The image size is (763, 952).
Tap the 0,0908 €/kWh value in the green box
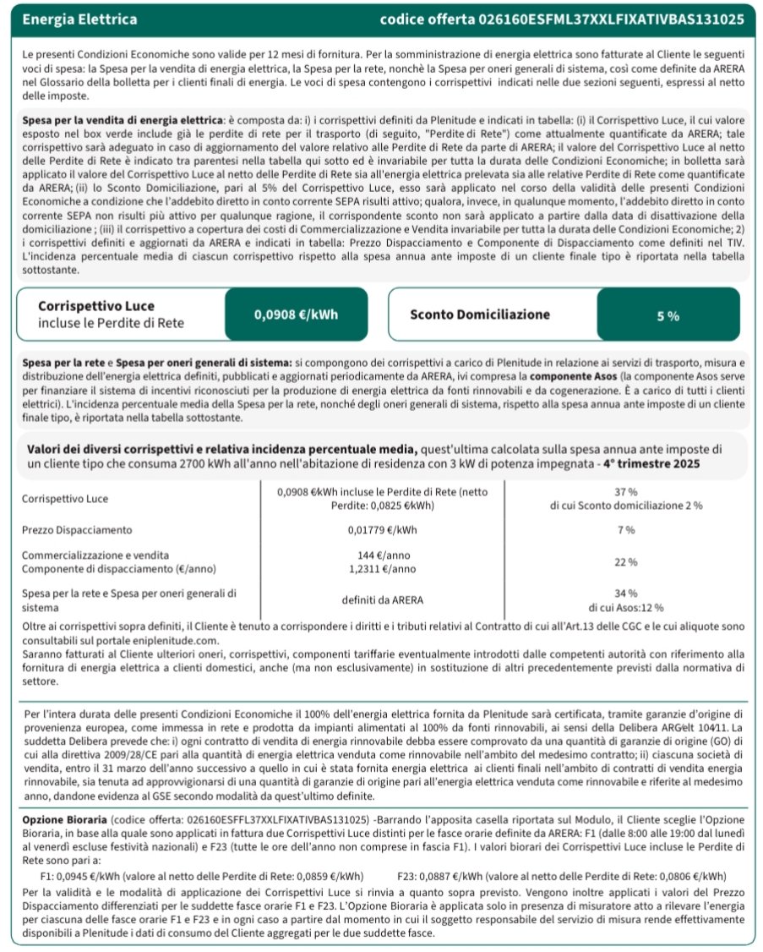pos(296,315)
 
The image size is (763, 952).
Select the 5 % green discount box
pos(668,315)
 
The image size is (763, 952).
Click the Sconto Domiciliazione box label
pos(479,315)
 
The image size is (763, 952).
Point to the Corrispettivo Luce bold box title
pos(96,306)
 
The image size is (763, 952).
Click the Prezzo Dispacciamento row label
pos(77,530)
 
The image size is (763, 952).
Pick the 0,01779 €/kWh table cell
pos(382,530)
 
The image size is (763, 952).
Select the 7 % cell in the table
pos(626,530)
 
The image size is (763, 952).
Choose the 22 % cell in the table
pos(626,561)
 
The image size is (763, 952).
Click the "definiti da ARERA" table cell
pos(382,600)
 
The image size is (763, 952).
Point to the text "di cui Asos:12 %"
pos(626,607)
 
